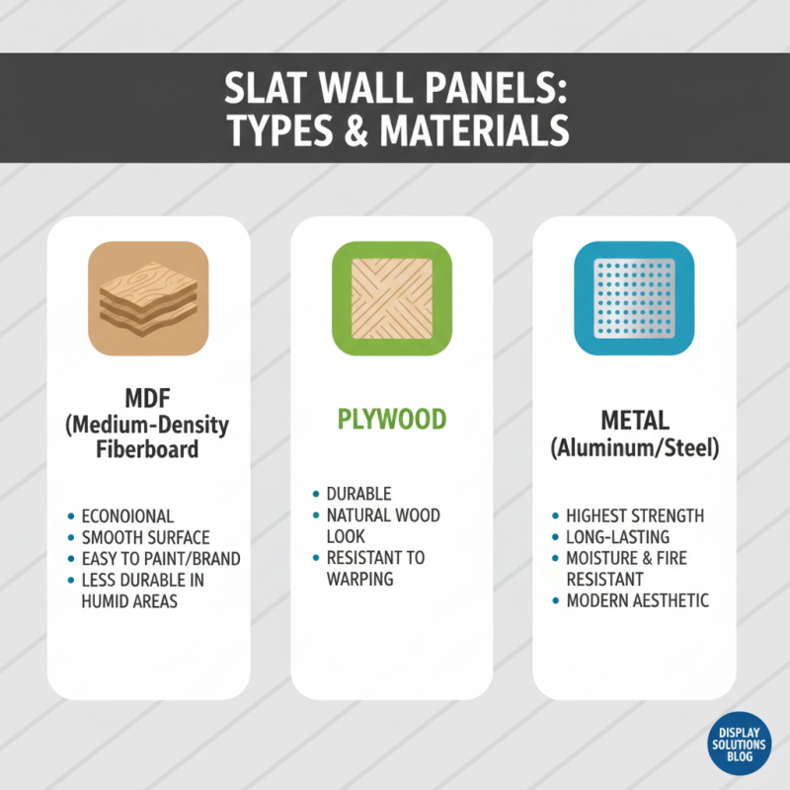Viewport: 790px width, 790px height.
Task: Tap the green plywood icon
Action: (x=391, y=299)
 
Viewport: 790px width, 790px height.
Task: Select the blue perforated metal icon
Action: (x=634, y=298)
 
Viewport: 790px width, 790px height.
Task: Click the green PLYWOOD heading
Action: (x=391, y=418)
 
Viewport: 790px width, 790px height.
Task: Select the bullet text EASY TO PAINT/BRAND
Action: (x=161, y=558)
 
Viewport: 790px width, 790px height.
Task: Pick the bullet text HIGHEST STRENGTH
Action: (x=635, y=515)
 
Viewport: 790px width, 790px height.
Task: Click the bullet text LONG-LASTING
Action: (x=618, y=537)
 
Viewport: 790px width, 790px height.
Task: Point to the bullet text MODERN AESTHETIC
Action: (x=637, y=600)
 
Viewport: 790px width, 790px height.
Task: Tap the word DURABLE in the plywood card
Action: (x=359, y=494)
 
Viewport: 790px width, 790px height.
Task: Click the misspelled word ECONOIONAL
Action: (x=128, y=515)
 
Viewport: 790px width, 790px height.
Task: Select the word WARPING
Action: (x=359, y=579)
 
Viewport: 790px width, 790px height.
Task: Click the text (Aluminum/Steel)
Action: (x=634, y=447)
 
